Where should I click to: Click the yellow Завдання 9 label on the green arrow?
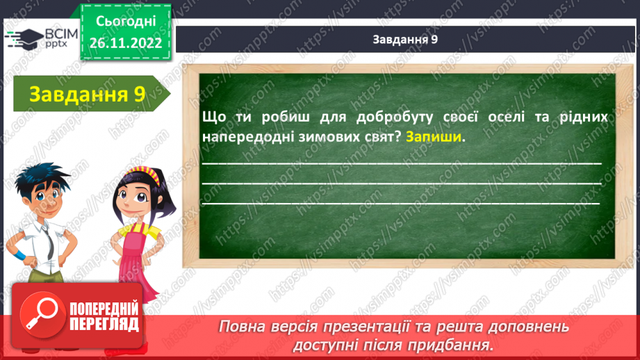point(87,95)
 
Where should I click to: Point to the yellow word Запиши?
point(434,136)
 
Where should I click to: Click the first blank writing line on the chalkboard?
point(401,163)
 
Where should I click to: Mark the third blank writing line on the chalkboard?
point(401,204)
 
